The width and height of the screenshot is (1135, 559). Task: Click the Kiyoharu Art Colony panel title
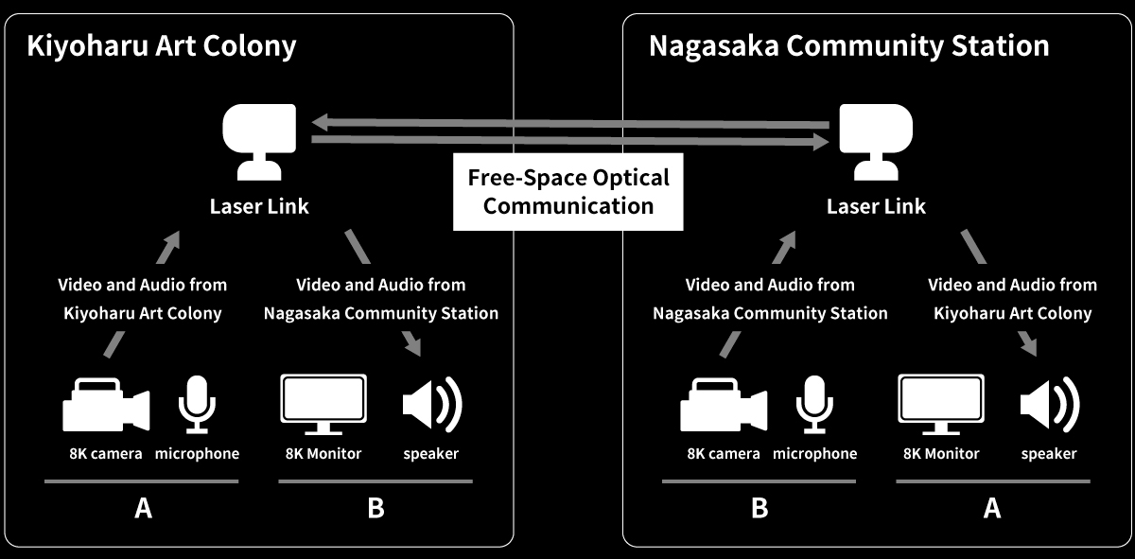(161, 45)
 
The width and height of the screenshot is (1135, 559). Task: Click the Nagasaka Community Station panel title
(848, 45)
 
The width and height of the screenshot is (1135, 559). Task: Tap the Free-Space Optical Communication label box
(568, 192)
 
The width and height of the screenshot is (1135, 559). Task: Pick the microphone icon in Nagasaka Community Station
(814, 405)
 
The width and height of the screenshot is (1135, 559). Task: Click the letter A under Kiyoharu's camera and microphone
(143, 509)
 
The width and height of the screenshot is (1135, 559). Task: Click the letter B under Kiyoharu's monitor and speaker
(375, 509)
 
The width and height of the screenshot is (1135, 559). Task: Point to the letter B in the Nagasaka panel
(760, 509)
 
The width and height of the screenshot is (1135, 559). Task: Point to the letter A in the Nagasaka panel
(992, 509)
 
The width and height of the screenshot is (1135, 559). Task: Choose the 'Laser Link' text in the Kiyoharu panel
(259, 206)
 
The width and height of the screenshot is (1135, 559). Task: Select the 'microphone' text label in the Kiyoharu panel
(197, 454)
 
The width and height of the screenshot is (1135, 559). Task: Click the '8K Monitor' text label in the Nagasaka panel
(940, 454)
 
